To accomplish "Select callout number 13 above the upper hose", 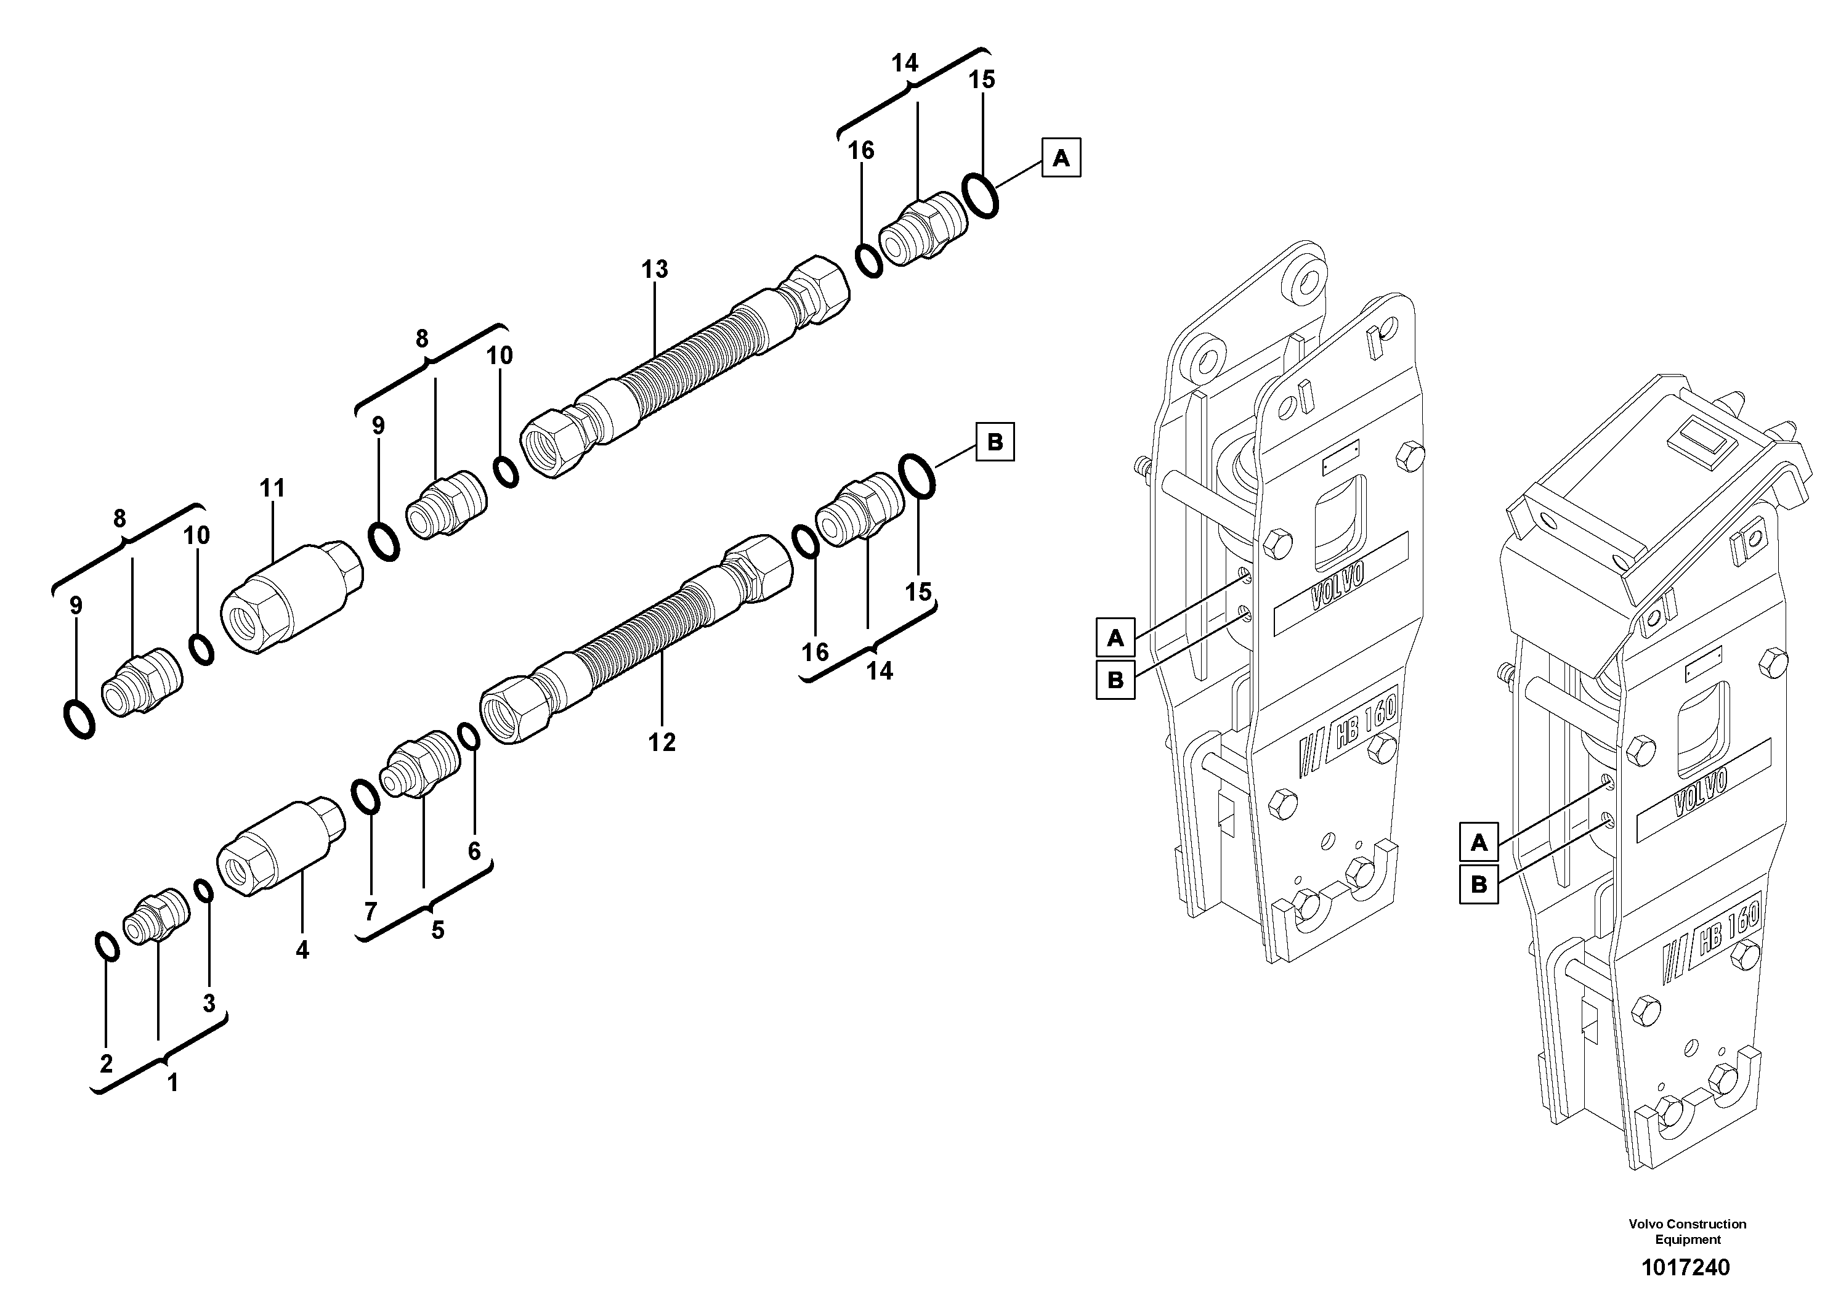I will [654, 270].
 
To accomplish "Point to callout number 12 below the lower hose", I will [662, 742].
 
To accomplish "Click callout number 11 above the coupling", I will [272, 488].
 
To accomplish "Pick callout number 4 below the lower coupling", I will [302, 950].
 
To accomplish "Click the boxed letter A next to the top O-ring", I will [1061, 158].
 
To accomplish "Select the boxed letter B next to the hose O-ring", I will [995, 442].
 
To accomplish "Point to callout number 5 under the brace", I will [437, 931].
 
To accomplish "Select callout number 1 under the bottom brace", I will [172, 1084].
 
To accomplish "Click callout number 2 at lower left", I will [106, 1063].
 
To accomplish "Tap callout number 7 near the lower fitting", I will [370, 912].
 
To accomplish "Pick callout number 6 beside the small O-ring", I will [474, 851].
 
